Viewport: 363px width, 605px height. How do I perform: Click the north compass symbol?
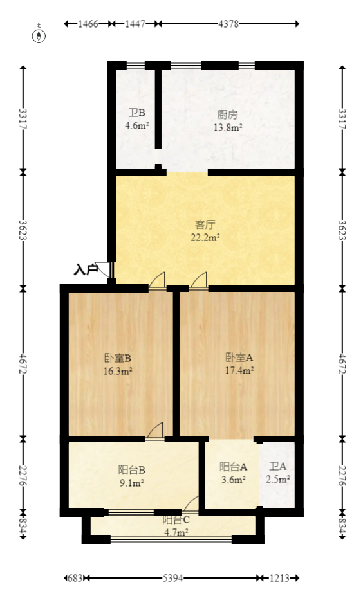40,35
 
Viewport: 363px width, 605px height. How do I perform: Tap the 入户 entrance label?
86,270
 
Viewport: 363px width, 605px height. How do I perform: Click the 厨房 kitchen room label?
228,115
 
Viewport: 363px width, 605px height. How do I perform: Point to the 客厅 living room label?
205,225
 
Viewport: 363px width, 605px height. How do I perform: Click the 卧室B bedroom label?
118,358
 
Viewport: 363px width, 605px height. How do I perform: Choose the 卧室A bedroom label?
239,358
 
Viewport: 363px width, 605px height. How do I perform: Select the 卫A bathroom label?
279,467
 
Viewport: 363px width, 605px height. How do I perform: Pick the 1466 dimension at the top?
88,24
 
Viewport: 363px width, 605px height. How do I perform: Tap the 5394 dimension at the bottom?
171,578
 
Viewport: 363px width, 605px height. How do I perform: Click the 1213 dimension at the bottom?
278,578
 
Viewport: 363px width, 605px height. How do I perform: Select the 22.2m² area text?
205,237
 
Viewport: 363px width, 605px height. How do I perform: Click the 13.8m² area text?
228,127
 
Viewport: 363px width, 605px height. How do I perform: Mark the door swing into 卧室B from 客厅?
158,280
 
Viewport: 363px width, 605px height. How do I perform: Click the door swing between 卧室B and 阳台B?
156,431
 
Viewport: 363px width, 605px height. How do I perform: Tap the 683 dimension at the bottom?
75,578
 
